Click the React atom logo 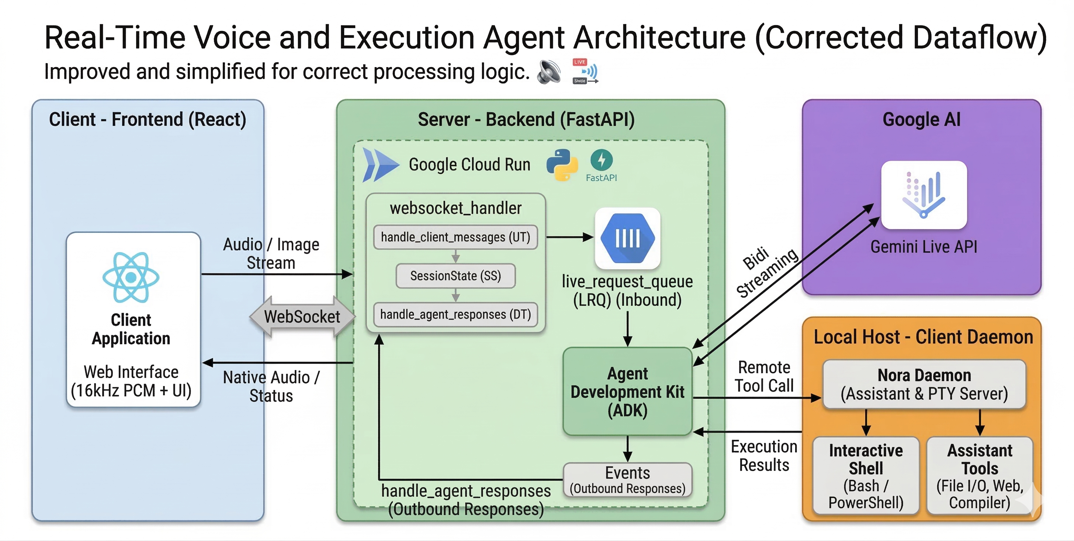tap(131, 277)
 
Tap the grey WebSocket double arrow tap(302, 317)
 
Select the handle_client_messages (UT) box tap(455, 237)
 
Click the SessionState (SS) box tap(455, 276)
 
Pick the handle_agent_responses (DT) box tap(455, 314)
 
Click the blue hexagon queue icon tap(627, 238)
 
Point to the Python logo tap(562, 165)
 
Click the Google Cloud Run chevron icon tap(380, 165)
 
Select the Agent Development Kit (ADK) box tap(627, 391)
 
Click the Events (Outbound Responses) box tap(627, 480)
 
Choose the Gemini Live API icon tap(924, 195)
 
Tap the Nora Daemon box tap(924, 384)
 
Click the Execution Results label tap(764, 456)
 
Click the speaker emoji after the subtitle tap(549, 71)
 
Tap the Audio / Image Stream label tap(271, 254)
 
